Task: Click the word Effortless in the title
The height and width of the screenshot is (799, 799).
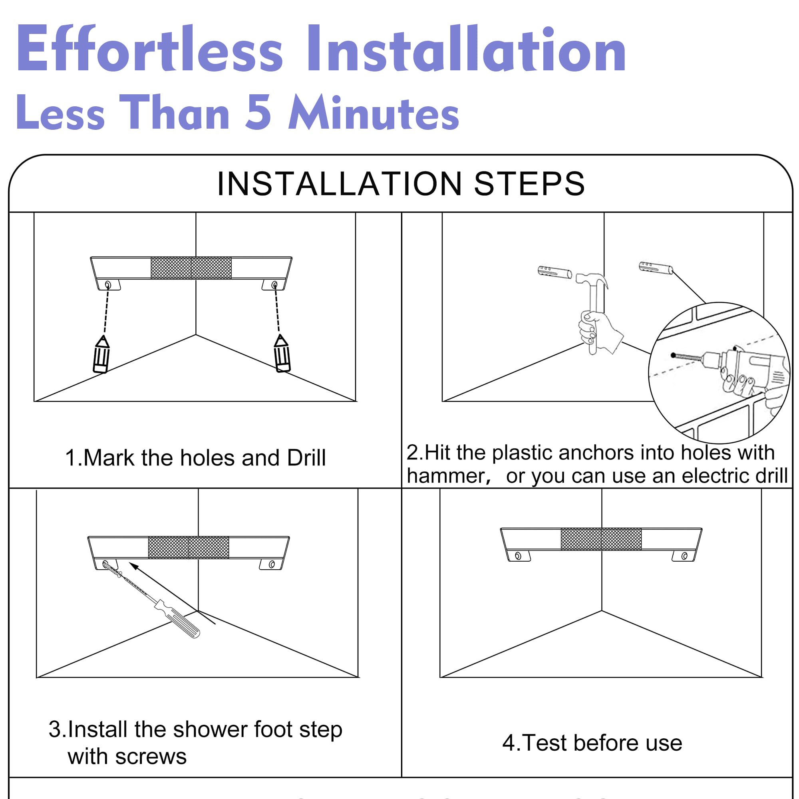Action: (150, 48)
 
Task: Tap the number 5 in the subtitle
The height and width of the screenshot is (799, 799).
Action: (258, 112)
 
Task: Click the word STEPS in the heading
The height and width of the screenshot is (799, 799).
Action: (529, 184)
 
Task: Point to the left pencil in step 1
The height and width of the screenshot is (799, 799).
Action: (101, 354)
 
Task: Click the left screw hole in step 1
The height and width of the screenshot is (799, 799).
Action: (108, 285)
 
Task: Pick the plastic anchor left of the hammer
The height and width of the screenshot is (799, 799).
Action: (555, 272)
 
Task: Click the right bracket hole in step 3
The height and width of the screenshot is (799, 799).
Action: (272, 564)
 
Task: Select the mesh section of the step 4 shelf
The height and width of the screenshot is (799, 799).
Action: (601, 539)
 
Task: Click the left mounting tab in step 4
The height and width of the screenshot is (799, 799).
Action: (519, 556)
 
